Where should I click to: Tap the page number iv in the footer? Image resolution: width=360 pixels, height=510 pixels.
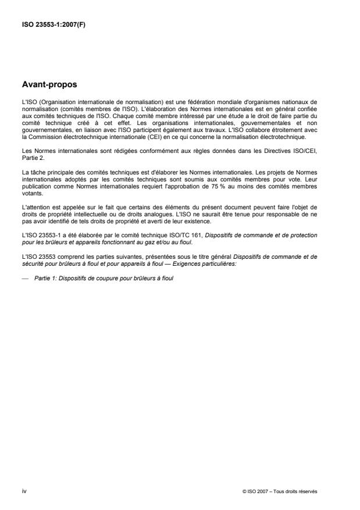tap(24, 491)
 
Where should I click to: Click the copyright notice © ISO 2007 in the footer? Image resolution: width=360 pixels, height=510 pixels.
tap(280, 491)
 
